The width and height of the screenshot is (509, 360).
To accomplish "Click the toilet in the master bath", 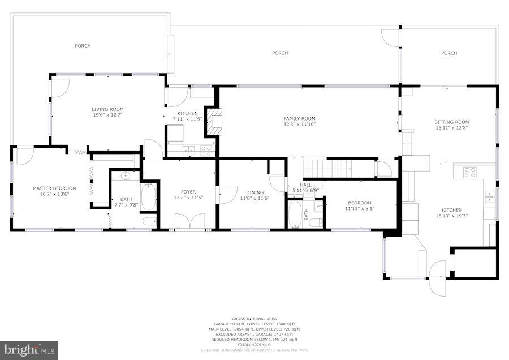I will (148, 221).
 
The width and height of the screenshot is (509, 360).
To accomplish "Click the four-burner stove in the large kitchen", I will (469, 172).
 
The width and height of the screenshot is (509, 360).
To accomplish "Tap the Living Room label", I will (107, 109).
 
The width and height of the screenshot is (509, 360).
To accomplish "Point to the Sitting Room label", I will (451, 122).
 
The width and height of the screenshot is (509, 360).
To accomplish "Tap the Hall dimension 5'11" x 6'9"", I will (305, 190).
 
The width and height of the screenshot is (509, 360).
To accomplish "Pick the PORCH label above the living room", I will (83, 46).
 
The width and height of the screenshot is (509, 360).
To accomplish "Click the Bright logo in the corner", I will (29, 350).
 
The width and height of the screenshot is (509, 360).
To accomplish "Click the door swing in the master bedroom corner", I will (24, 156).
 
